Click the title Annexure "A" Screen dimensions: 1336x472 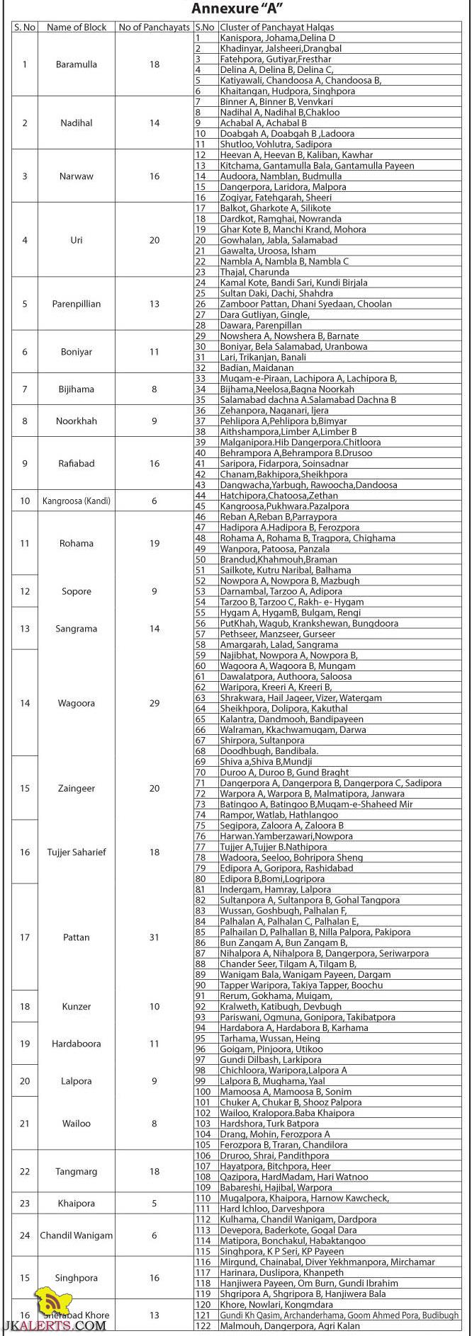click(237, 9)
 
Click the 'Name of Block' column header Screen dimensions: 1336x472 click(77, 27)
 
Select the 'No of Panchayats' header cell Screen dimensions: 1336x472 click(154, 27)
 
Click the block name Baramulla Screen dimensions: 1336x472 click(77, 64)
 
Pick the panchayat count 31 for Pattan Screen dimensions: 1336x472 click(154, 937)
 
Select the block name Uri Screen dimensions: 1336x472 click(77, 240)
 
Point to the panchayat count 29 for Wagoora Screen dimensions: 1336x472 click(154, 703)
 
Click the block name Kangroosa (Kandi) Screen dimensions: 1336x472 click(77, 501)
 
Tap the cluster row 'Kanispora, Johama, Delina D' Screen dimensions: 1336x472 click(277, 38)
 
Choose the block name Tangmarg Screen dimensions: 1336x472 click(77, 1172)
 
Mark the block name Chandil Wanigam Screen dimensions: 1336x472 click(77, 1235)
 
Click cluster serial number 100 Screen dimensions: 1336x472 click(203, 1092)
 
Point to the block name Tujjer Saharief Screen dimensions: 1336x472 click(77, 852)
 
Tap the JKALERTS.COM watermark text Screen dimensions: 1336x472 click(53, 1326)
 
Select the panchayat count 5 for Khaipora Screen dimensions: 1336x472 click(154, 1204)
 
